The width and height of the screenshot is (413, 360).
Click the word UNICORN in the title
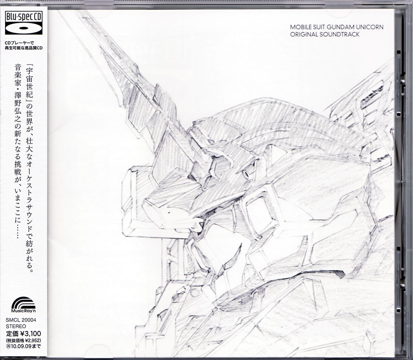pos(369,27)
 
